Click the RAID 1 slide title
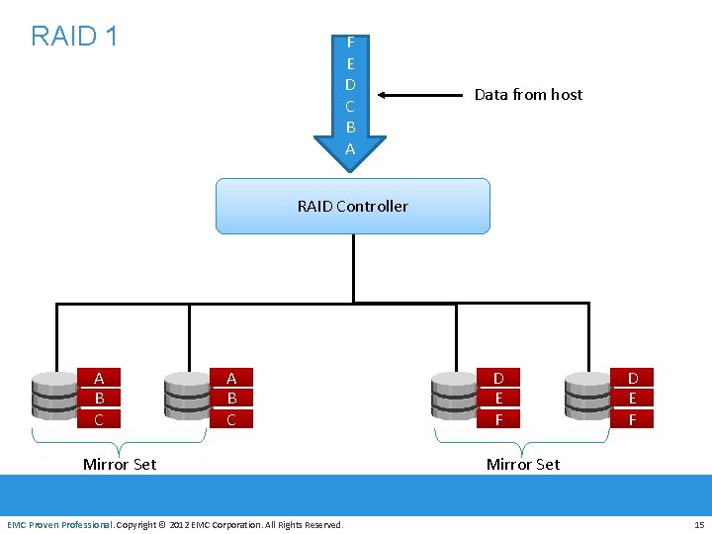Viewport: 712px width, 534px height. tap(74, 37)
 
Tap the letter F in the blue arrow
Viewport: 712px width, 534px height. tap(350, 43)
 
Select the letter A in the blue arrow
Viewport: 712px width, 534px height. tap(350, 148)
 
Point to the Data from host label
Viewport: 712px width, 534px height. tap(528, 95)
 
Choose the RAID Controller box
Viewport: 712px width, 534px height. tap(353, 206)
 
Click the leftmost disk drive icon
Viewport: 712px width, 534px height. tap(54, 396)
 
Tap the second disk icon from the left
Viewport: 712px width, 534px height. tap(187, 396)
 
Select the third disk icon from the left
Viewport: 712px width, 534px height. tap(454, 396)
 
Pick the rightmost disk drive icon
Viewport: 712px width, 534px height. tap(587, 396)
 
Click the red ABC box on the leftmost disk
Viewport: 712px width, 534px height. tap(99, 399)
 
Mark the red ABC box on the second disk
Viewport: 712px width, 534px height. tap(231, 399)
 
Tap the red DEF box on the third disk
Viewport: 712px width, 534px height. tap(498, 399)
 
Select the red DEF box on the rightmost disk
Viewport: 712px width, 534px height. tap(633, 399)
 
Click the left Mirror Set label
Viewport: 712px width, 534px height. tap(120, 465)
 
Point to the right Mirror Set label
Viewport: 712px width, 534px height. tap(523, 465)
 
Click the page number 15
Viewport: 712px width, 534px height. tap(698, 524)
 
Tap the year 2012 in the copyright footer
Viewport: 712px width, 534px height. tap(181, 524)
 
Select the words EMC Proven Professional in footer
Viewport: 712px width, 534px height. tap(59, 524)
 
